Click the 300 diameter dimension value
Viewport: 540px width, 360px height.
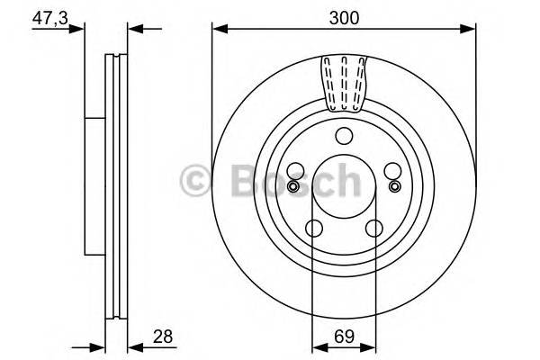coord(344,15)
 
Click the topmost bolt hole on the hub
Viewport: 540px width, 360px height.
coord(344,137)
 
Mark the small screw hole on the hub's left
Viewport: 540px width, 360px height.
coord(292,186)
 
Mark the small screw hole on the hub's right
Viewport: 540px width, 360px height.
coord(394,186)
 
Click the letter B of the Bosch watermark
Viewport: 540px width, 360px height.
coord(237,178)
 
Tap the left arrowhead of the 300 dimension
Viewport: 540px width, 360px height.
coord(217,30)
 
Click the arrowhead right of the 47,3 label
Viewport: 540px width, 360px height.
coord(80,30)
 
